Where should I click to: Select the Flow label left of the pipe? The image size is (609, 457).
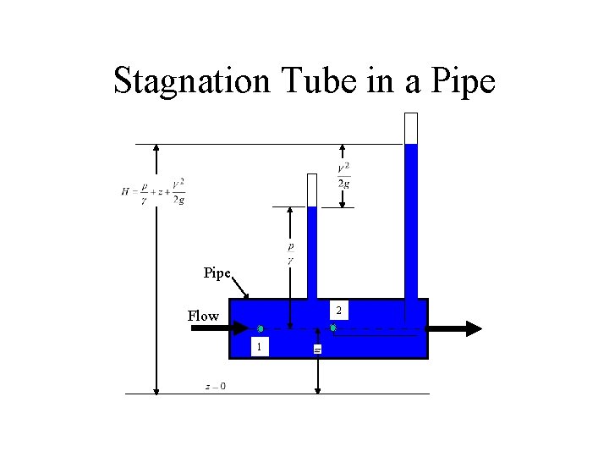pyautogui.click(x=203, y=317)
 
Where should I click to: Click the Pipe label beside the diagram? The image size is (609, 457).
pyautogui.click(x=217, y=273)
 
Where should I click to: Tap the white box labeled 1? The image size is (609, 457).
pyautogui.click(x=261, y=346)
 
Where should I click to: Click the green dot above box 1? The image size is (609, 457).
pyautogui.click(x=261, y=328)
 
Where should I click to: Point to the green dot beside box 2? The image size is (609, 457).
pyautogui.click(x=333, y=328)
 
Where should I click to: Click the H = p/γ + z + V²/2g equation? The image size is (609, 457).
pyautogui.click(x=153, y=191)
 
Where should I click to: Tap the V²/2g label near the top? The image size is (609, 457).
pyautogui.click(x=343, y=175)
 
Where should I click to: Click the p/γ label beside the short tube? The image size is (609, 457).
pyautogui.click(x=290, y=251)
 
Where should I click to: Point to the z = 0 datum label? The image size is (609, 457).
pyautogui.click(x=215, y=387)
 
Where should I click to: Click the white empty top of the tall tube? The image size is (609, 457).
pyautogui.click(x=411, y=128)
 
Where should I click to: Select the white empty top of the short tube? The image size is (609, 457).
pyautogui.click(x=312, y=190)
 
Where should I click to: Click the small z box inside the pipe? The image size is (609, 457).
pyautogui.click(x=317, y=349)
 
